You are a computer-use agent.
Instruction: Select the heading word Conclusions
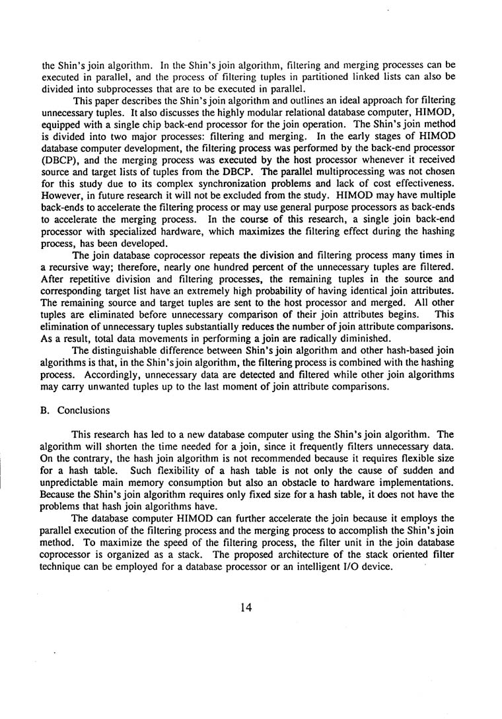[84, 410]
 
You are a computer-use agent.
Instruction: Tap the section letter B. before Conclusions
[46, 410]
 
